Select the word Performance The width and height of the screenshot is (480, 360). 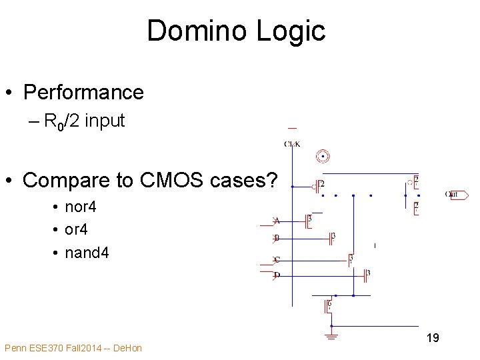(x=83, y=92)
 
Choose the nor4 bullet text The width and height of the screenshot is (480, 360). (x=81, y=207)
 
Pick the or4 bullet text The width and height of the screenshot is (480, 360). (x=76, y=229)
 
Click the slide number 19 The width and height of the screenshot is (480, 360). (x=433, y=338)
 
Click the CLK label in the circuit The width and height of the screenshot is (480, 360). (x=292, y=143)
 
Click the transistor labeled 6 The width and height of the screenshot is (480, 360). (x=326, y=307)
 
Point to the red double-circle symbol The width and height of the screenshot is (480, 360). (x=323, y=157)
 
